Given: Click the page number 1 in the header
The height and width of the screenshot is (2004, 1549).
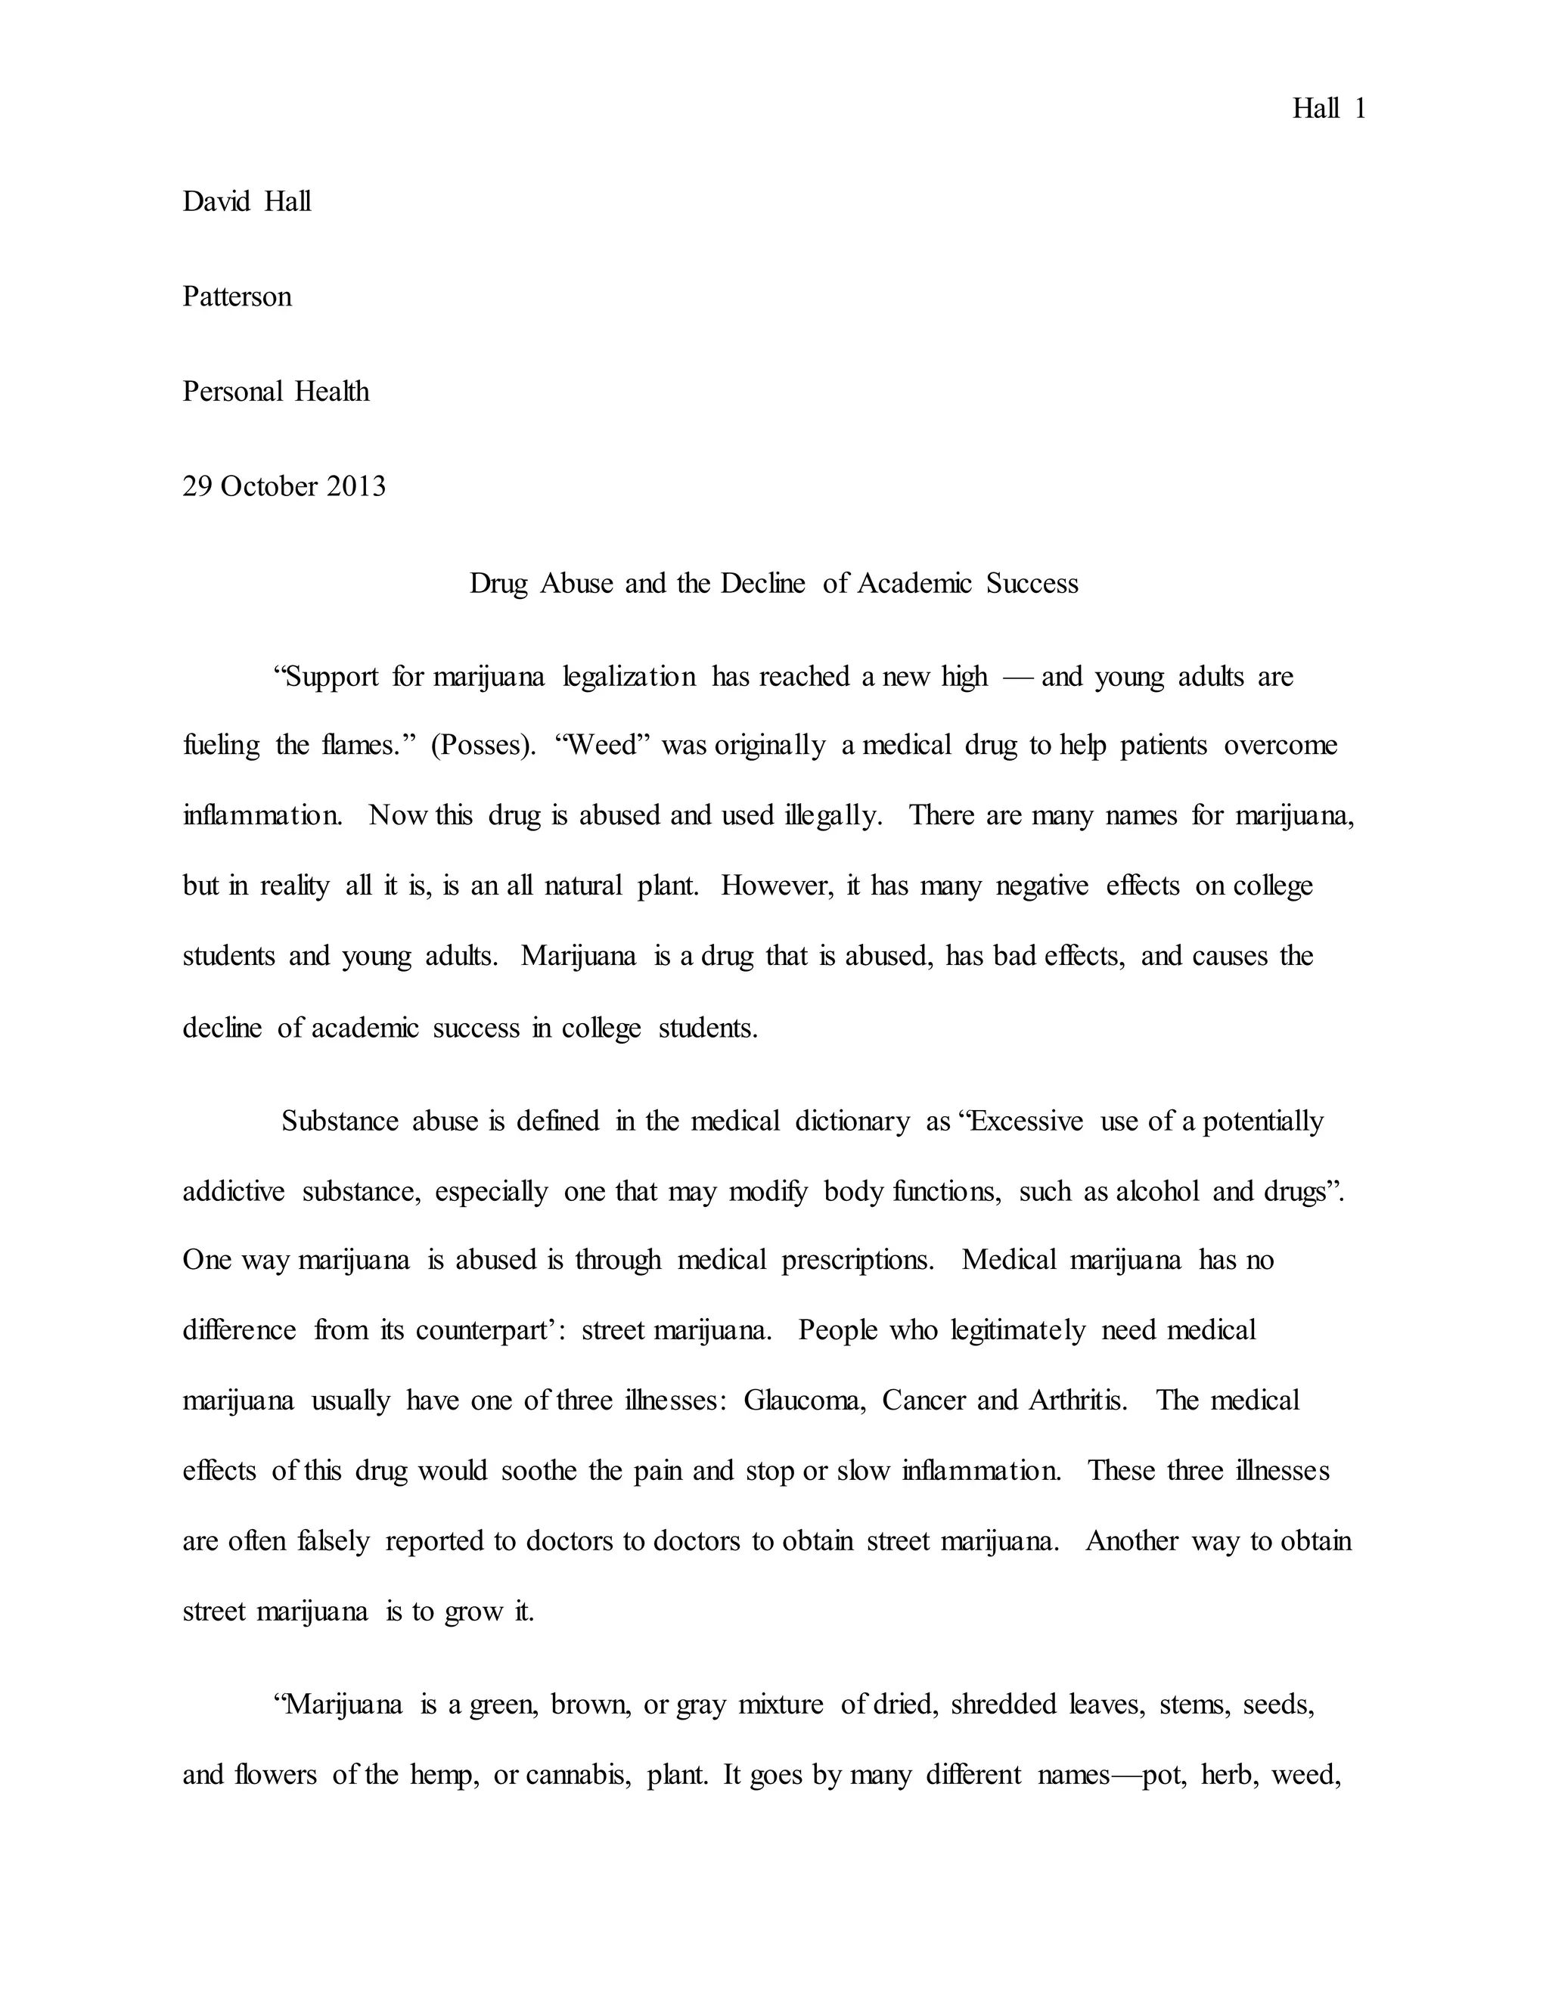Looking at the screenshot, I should tap(1359, 109).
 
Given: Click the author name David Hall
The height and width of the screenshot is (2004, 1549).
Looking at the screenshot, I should tap(247, 201).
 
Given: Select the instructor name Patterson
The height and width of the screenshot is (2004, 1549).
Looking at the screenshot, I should tap(237, 296).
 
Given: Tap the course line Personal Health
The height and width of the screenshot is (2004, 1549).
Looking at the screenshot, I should tap(275, 391).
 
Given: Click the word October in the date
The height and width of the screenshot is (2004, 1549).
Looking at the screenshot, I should tap(269, 485).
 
